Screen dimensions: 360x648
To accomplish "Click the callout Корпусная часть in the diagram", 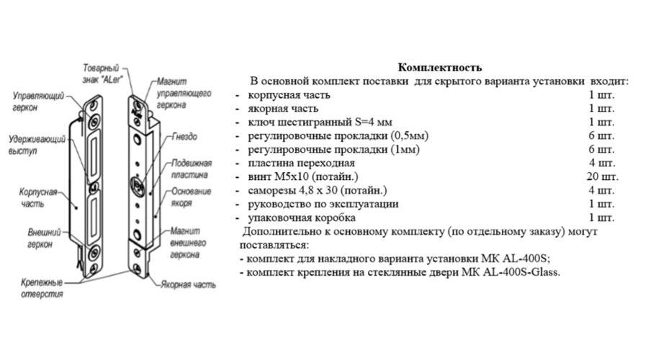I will point(35,198).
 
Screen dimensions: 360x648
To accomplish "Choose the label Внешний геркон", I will point(35,239).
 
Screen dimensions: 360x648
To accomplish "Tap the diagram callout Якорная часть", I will point(189,285).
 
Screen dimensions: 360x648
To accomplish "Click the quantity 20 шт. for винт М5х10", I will point(602,177).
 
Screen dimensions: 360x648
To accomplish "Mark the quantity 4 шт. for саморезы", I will point(602,191).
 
